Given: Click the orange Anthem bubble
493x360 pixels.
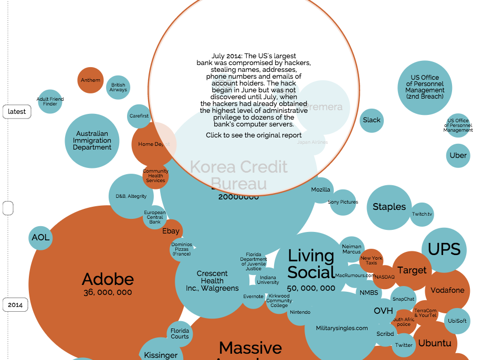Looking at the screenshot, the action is [90, 80].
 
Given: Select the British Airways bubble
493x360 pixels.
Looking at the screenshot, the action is [118, 87].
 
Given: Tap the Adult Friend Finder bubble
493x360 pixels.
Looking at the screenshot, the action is [50, 101].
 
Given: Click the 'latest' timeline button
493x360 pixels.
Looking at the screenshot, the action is [17, 112].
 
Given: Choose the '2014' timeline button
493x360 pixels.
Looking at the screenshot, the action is [15, 304].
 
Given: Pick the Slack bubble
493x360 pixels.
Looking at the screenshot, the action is [372, 120].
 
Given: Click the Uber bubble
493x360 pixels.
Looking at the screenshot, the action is [458, 155].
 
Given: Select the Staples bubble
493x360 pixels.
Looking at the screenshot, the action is [389, 207].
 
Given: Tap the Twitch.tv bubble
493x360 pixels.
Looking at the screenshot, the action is [422, 214].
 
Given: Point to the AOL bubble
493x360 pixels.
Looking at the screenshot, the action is [40, 237].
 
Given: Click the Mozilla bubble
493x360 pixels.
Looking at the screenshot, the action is [321, 189].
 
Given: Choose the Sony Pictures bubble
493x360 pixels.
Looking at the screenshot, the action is [343, 202].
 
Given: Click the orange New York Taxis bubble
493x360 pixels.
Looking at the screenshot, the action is [371, 260].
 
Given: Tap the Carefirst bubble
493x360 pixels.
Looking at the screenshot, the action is [139, 116].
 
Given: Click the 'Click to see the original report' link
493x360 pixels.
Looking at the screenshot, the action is [254, 135].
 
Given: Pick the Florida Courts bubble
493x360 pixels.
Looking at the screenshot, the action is [180, 333].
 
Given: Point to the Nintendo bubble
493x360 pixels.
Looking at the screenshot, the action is [299, 313].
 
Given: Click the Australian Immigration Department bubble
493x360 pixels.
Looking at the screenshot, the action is [92, 141].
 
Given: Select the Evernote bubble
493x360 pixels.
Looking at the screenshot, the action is [253, 297].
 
